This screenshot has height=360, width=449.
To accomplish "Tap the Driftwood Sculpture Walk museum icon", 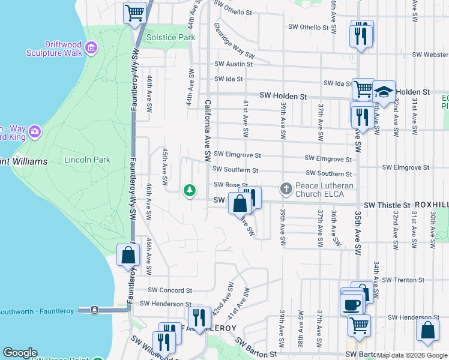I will [x=91, y=47].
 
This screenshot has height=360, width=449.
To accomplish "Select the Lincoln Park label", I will [x=88, y=160].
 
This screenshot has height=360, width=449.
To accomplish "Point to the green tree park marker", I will [x=190, y=191].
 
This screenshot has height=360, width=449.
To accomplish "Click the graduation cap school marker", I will [x=384, y=92].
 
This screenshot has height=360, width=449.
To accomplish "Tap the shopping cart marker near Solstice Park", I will [x=135, y=13].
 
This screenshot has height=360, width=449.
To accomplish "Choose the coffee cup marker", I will [x=352, y=304].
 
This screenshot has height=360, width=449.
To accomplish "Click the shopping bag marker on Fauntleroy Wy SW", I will [x=128, y=255].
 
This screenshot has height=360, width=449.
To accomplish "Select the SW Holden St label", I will [x=283, y=95].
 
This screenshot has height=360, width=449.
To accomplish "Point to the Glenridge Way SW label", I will [x=234, y=41].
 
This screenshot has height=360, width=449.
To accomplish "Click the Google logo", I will [x=20, y=353].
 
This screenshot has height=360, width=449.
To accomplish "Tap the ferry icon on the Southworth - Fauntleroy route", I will [x=94, y=310].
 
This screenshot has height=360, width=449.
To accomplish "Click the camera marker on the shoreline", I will [x=34, y=131].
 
